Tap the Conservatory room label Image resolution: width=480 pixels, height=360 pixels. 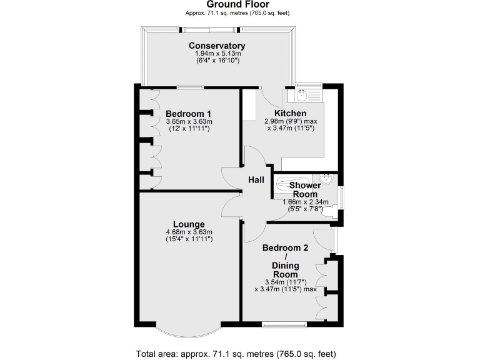tap(217, 46)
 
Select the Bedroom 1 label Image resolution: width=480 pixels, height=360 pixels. tap(189, 113)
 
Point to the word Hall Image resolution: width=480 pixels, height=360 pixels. tap(256, 180)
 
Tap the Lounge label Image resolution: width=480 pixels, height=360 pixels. tap(189, 224)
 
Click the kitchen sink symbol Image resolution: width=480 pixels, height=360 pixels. tap(302, 96)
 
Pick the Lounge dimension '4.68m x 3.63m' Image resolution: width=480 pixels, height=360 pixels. tap(189, 232)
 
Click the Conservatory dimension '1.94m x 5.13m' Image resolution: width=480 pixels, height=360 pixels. tap(217, 54)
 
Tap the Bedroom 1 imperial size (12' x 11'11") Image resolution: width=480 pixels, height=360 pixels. tap(189, 128)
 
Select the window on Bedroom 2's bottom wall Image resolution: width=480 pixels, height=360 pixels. tap(284, 324)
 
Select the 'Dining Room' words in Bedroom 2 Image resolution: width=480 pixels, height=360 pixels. tap(285, 270)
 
